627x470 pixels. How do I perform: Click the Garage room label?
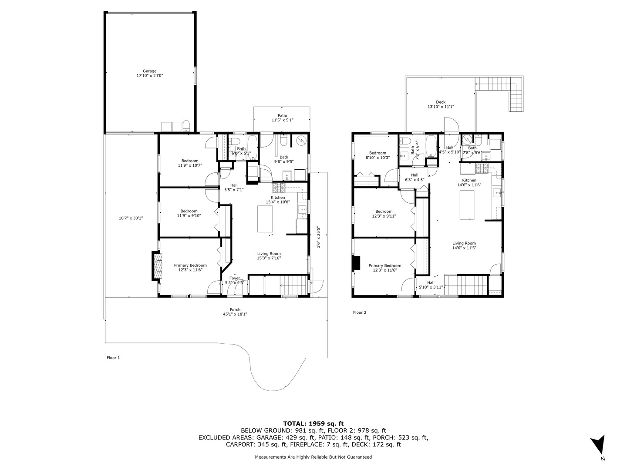tap(150, 71)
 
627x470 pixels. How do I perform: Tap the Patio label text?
tap(282, 116)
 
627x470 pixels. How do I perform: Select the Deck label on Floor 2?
tap(441, 102)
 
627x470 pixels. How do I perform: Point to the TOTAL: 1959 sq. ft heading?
tap(313, 423)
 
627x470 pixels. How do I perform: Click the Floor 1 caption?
tap(113, 358)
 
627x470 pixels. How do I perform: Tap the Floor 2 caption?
tap(359, 312)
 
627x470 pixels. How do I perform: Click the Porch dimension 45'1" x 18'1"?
tap(235, 314)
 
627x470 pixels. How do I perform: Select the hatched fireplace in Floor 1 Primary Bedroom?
tap(157, 266)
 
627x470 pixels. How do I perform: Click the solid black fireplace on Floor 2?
tap(356, 263)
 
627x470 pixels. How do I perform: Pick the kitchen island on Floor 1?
tap(265, 219)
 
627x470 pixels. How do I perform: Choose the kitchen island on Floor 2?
tap(467, 205)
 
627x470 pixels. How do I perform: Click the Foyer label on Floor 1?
tap(235, 278)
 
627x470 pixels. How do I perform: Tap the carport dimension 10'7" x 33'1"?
tap(131, 218)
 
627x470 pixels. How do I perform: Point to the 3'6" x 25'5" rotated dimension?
tap(318, 237)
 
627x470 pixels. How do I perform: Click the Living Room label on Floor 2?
tap(464, 243)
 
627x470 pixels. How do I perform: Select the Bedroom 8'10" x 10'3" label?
tap(378, 155)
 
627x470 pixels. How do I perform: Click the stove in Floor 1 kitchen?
tap(279, 188)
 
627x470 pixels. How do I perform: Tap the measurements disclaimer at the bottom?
tap(313, 457)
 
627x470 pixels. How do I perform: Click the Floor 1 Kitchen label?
tap(278, 198)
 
